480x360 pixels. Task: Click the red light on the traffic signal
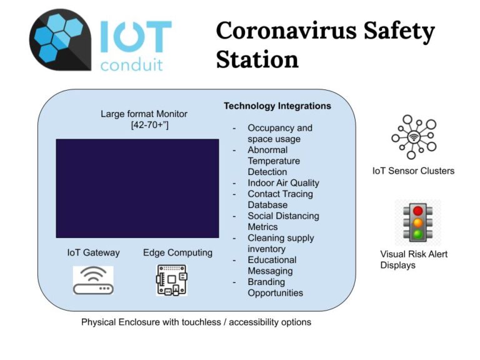point(418,211)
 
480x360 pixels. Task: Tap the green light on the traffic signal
point(418,234)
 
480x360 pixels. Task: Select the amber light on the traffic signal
point(418,222)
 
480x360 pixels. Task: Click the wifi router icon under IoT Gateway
point(93,280)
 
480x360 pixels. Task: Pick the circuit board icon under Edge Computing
point(172,280)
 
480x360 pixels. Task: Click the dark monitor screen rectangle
point(137,189)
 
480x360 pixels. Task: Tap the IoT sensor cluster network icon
point(414,137)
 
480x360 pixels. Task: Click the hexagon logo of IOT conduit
point(60,40)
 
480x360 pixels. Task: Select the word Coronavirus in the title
point(286,31)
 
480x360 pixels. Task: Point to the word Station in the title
point(257,59)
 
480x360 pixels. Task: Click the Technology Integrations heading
point(277,106)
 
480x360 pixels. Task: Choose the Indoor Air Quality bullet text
point(284,183)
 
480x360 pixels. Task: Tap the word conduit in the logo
point(132,65)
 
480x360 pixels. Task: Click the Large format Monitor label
point(144,114)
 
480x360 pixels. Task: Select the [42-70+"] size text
point(150,125)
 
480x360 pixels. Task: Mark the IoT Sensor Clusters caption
point(413,171)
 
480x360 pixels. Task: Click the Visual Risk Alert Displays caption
point(414,259)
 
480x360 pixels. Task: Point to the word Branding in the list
point(266,282)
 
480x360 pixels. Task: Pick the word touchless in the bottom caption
point(201,322)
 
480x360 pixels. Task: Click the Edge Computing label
point(178,253)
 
